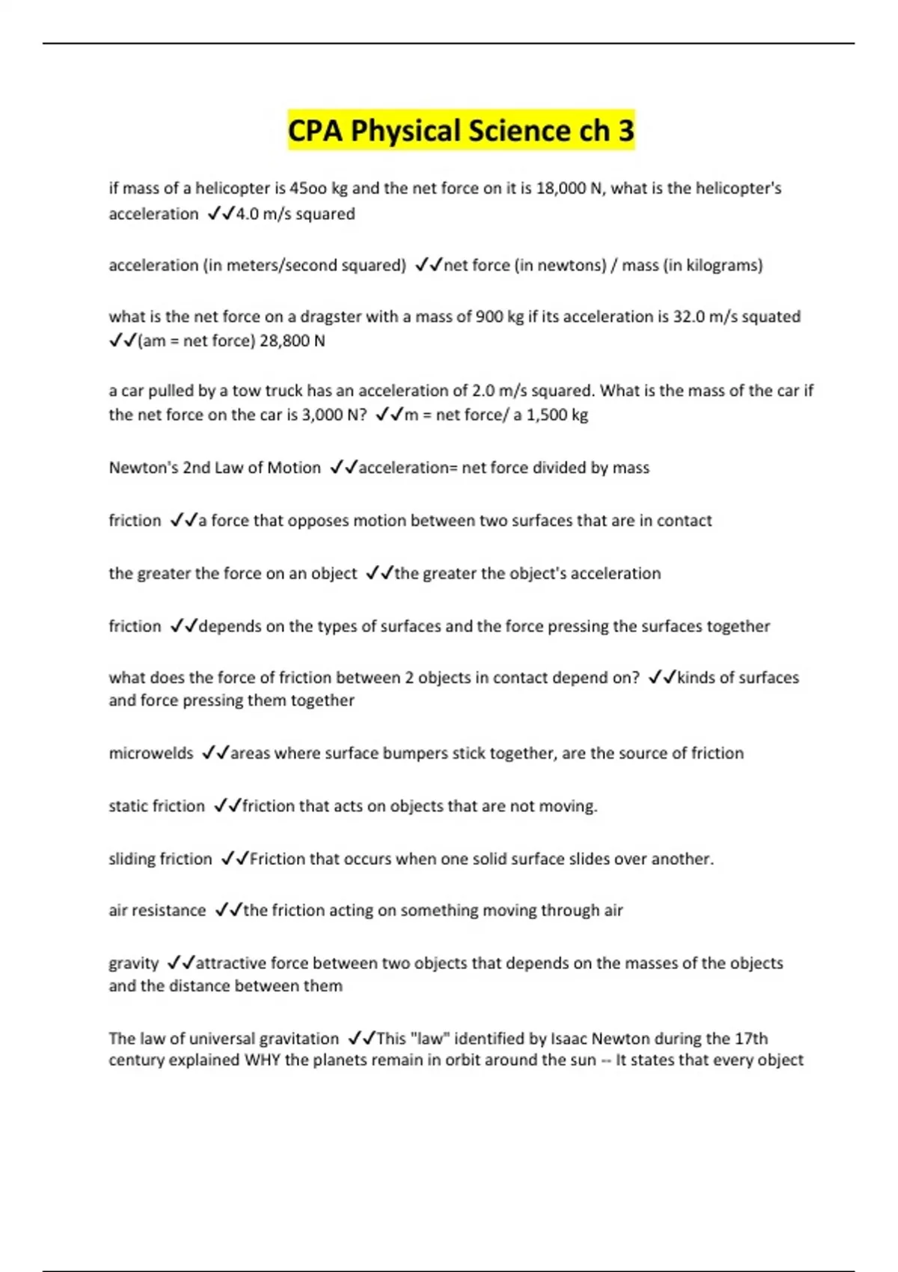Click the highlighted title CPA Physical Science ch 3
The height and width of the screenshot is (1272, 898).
coord(461,130)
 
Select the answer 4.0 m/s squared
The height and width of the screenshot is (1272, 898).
coord(295,214)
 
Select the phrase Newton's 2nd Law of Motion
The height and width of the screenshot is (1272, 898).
coord(215,468)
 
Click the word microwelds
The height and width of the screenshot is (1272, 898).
coord(151,753)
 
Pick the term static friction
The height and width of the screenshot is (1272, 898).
coord(156,806)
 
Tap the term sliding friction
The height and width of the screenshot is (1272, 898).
coord(160,859)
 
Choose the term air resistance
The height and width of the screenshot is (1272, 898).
coord(157,911)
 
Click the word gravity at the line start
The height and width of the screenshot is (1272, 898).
coord(134,964)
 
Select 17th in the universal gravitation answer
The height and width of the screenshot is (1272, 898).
coord(751,1039)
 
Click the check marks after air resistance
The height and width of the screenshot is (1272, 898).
coord(227,911)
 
